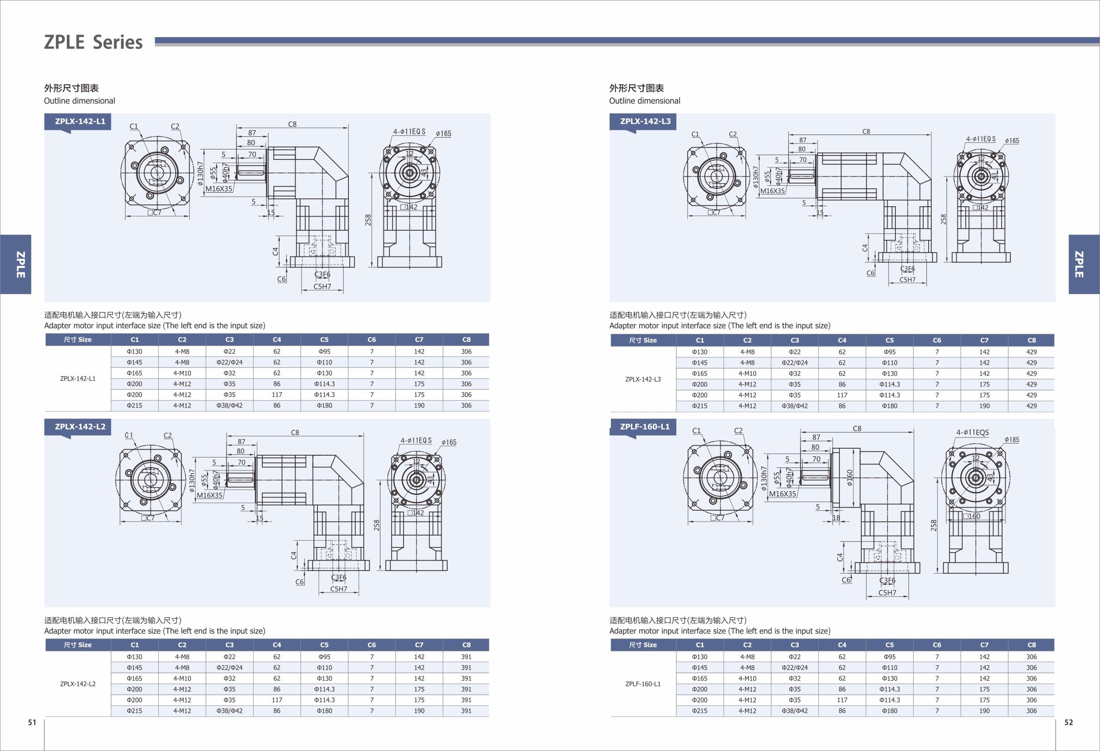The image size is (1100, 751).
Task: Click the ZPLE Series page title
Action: pyautogui.click(x=93, y=42)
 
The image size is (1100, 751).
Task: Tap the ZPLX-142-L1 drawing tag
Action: pyautogui.click(x=80, y=121)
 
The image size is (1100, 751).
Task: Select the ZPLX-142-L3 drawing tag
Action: pyautogui.click(x=645, y=121)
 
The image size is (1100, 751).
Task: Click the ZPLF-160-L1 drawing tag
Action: pyautogui.click(x=645, y=426)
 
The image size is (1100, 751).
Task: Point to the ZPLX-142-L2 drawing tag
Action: pyautogui.click(x=80, y=426)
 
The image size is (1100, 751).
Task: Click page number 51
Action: pyautogui.click(x=32, y=722)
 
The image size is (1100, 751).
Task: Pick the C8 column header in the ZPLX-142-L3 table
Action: pyautogui.click(x=1032, y=340)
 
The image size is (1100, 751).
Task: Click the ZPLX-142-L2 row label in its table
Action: pyautogui.click(x=78, y=684)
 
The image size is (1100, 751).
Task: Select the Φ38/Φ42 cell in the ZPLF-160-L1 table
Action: pyautogui.click(x=795, y=711)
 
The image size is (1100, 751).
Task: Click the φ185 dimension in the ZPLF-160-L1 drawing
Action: pyautogui.click(x=1012, y=440)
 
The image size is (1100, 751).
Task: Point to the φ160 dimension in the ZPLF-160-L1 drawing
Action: pyautogui.click(x=849, y=478)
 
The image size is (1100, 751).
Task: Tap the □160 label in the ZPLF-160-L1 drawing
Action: pyautogui.click(x=972, y=516)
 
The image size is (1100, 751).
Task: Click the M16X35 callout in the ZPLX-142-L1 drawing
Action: pyautogui.click(x=219, y=189)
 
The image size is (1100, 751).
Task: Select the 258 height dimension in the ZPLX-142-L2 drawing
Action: pyautogui.click(x=376, y=525)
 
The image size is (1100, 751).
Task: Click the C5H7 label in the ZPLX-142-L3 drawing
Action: pyautogui.click(x=907, y=280)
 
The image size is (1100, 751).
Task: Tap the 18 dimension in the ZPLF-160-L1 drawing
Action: pyautogui.click(x=836, y=518)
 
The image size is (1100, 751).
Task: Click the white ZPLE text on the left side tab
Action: pyautogui.click(x=21, y=264)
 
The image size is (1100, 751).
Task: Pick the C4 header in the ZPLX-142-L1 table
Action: pyautogui.click(x=277, y=339)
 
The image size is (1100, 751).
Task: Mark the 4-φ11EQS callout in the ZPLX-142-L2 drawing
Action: pyautogui.click(x=416, y=440)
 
